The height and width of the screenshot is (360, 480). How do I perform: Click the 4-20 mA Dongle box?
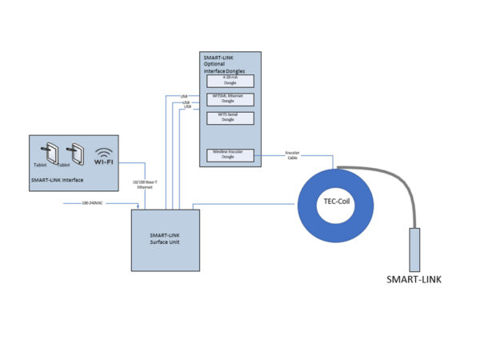click(230, 80)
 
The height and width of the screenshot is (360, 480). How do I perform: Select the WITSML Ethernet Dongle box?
click(230, 98)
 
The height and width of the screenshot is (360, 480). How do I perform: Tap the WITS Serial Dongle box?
click(230, 117)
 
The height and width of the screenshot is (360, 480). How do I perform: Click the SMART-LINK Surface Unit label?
click(165, 238)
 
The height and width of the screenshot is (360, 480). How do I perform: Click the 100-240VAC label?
click(93, 204)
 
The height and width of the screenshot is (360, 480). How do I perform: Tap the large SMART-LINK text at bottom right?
click(414, 280)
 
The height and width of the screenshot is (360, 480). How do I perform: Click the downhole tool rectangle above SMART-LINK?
click(414, 249)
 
